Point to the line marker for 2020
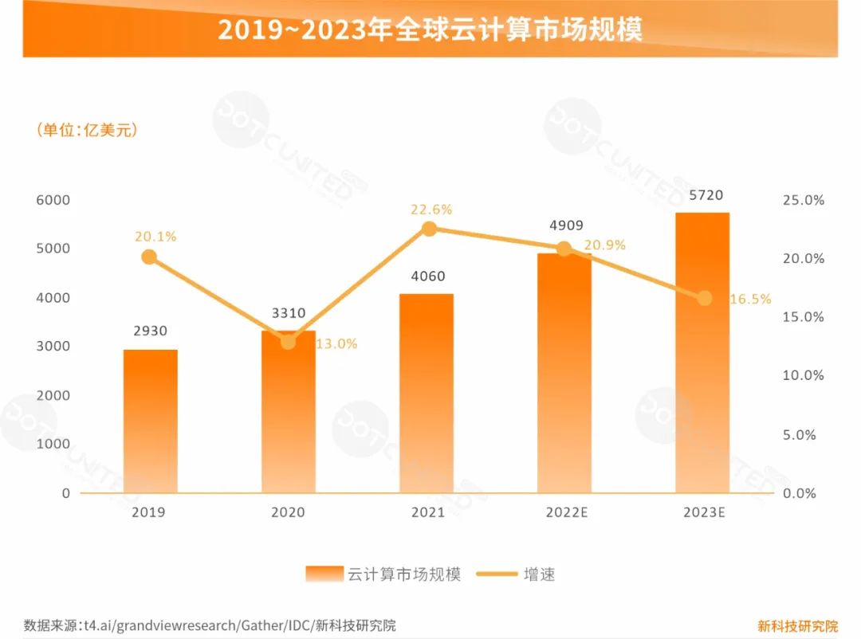pos(288,341)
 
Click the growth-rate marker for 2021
pos(429,229)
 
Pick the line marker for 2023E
pos(705,298)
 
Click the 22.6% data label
pos(431,210)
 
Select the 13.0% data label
pos(336,344)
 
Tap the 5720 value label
pos(702,195)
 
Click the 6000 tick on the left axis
pos(53,199)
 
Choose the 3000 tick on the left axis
pos(53,346)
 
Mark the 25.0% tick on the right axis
pos(804,200)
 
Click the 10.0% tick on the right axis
pos(804,375)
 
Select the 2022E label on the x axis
pos(567,512)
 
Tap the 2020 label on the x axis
pos(288,512)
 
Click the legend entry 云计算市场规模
pos(383,574)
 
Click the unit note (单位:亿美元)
pos(87,130)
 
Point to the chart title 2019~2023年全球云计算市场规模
pos(431,29)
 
